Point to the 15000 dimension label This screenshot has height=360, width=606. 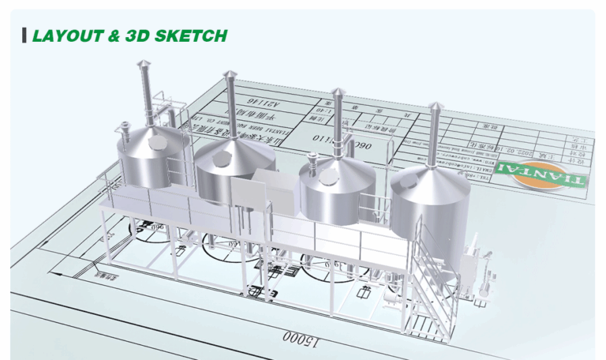pos(299,338)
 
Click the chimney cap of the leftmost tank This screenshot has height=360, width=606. pos(142,64)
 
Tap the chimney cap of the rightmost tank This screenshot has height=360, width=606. pos(435,107)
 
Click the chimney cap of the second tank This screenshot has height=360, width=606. pos(230,76)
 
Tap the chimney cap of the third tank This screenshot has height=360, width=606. pos(339,92)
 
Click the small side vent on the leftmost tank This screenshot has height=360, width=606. pos(126,126)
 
